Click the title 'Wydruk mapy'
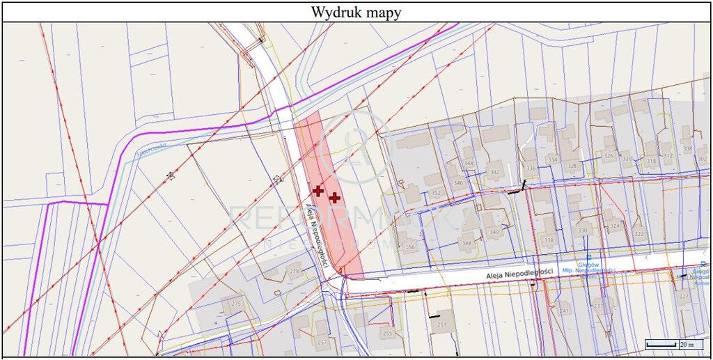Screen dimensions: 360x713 (356, 12)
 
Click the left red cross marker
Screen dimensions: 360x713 (318, 190)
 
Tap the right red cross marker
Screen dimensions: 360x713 (335, 198)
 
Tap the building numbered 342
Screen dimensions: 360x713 (495, 172)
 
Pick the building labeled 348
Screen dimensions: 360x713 (467, 243)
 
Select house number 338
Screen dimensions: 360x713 (549, 240)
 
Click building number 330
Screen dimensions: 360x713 (583, 230)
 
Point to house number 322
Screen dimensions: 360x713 (639, 234)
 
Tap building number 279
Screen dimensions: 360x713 (294, 271)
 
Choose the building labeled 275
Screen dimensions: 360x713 (236, 304)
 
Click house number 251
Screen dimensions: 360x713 (441, 324)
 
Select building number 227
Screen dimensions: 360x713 (683, 297)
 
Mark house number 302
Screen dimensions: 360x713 (701, 159)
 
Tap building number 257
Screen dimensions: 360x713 (322, 342)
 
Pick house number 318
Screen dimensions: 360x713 (651, 162)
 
